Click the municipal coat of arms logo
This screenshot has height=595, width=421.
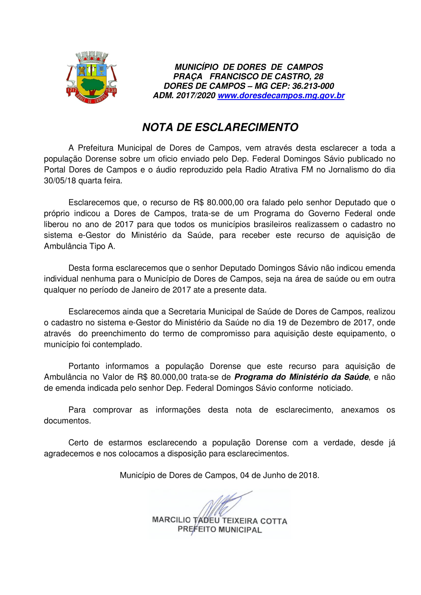[92, 77]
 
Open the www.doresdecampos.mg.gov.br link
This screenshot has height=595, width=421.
[281, 96]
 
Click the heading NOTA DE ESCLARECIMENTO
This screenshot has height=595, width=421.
[220, 127]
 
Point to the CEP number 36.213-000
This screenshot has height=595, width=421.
[313, 86]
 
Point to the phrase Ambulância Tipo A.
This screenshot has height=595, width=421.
[79, 246]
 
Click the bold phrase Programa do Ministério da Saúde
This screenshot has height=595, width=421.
[301, 377]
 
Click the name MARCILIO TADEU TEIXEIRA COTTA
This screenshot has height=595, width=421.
[220, 521]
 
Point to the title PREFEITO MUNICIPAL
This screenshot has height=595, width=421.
[220, 529]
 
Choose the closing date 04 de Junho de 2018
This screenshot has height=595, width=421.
[279, 475]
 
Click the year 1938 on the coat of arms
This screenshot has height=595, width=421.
[111, 91]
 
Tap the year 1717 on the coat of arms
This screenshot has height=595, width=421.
[72, 91]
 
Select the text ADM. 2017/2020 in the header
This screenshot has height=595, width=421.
[184, 96]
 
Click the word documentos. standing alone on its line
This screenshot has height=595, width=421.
[67, 420]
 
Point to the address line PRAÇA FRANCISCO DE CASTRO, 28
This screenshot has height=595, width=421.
[248, 77]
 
